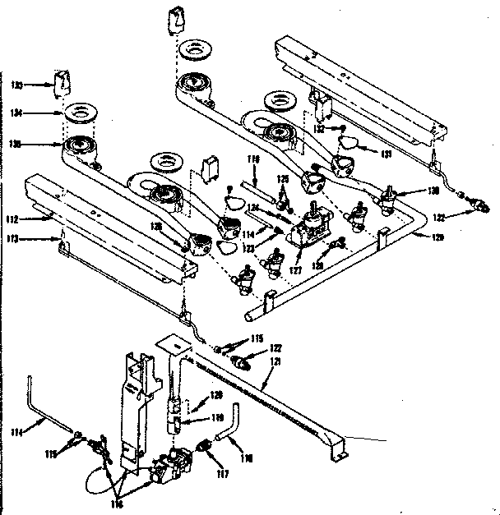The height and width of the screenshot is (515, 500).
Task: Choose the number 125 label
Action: pyautogui.click(x=282, y=179)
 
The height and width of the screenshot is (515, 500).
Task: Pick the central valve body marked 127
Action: pyautogui.click(x=310, y=228)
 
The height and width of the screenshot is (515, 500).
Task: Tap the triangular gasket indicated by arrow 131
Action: pyautogui.click(x=352, y=145)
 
